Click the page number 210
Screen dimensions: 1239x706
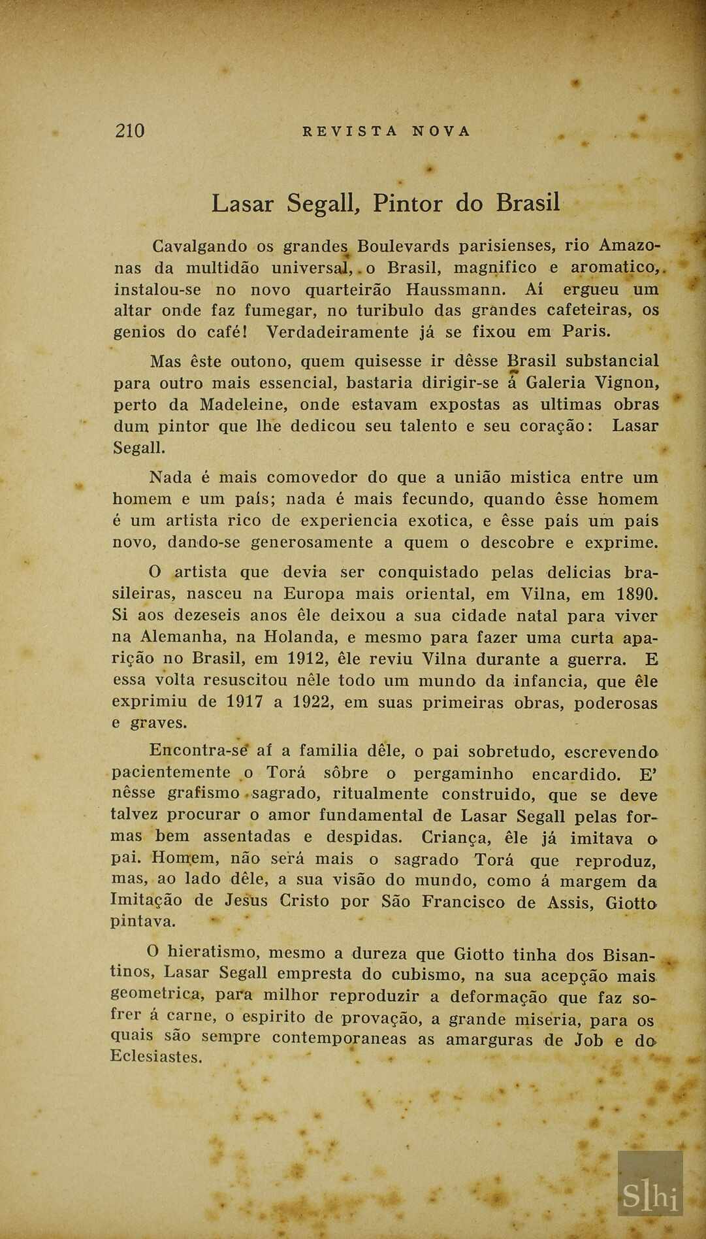(x=129, y=131)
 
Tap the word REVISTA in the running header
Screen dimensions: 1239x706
(x=350, y=131)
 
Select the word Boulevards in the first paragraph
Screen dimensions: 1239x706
(x=403, y=246)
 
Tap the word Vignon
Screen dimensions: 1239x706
(x=628, y=382)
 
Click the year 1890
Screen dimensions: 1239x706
(x=636, y=594)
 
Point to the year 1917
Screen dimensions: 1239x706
(x=246, y=702)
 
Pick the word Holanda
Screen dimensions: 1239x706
(x=302, y=637)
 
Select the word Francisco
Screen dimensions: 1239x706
(x=463, y=901)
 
